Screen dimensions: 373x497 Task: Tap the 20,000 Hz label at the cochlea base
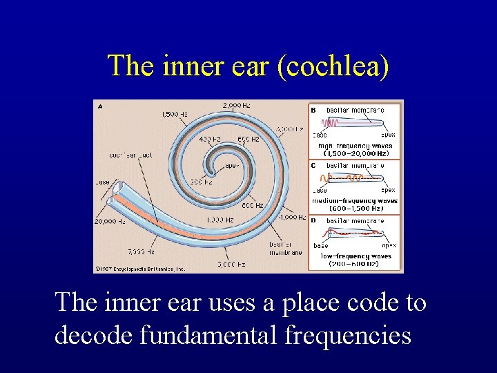109,222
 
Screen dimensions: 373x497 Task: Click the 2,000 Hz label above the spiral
237,105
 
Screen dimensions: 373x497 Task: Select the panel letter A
101,106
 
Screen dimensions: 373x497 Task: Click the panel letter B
313,109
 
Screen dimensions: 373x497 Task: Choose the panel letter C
313,165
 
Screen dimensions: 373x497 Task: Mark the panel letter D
313,220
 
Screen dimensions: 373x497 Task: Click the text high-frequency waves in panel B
355,146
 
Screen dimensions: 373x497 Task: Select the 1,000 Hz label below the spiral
220,220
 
